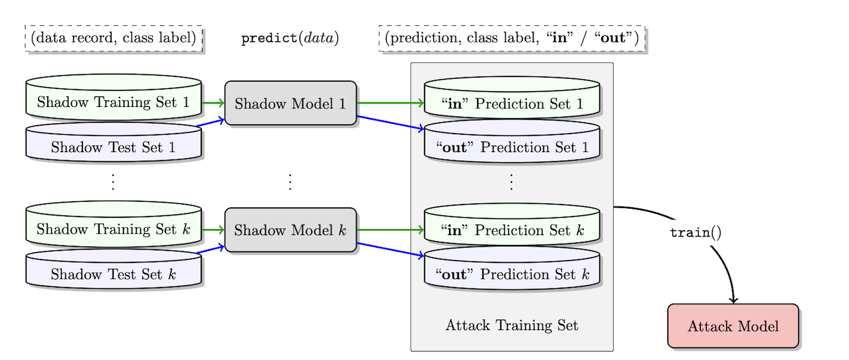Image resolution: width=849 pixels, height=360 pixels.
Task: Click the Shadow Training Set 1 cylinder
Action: point(113,102)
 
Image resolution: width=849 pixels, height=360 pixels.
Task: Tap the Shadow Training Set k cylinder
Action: point(113,229)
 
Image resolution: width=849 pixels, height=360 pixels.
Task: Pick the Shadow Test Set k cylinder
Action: point(113,274)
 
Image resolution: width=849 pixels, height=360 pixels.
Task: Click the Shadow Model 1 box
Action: point(290,103)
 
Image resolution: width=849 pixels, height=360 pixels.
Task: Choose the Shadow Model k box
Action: point(290,230)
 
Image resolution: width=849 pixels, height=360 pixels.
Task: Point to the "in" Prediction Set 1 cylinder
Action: point(512,103)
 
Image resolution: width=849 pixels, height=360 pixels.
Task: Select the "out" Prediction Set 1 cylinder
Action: point(512,147)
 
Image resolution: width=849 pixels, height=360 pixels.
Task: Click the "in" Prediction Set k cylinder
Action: point(512,230)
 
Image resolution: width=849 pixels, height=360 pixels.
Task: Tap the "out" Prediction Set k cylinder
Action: point(512,274)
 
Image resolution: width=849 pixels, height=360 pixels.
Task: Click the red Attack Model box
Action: point(733,326)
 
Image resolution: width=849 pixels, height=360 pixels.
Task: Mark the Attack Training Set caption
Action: point(512,325)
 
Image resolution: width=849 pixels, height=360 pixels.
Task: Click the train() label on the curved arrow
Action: point(695,233)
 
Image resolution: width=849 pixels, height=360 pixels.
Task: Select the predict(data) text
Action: point(290,38)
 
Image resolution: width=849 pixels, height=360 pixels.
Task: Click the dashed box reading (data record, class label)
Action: point(113,38)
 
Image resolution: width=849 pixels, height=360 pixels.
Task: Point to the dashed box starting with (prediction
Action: point(512,39)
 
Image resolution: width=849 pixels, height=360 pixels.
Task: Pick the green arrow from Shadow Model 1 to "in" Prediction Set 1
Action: point(391,103)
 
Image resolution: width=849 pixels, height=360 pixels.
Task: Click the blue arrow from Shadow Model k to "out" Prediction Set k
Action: point(391,250)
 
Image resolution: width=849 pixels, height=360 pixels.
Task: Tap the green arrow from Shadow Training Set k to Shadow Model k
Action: point(213,230)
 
